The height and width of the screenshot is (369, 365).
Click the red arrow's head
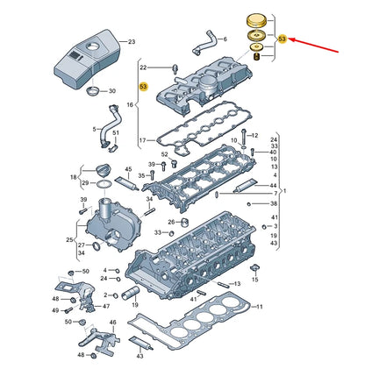(292, 39)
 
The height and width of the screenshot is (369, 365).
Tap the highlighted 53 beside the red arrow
(282, 39)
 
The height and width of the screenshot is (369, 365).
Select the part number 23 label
(132, 41)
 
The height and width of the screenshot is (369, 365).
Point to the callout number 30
(111, 91)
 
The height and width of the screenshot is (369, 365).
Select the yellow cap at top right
(257, 20)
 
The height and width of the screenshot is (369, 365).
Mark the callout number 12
(254, 136)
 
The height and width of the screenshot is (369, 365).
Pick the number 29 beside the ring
(84, 182)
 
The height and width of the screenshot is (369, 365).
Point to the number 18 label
(74, 176)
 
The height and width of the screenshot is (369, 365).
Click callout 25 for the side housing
(70, 239)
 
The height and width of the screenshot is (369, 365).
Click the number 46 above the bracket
(73, 272)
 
